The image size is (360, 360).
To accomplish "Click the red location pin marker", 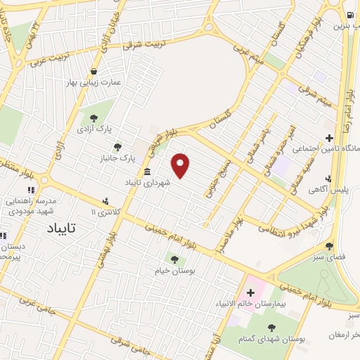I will tap(181, 165).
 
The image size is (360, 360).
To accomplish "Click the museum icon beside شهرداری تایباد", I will tap(146, 172).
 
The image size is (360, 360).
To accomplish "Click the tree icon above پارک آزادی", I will tap(93, 118).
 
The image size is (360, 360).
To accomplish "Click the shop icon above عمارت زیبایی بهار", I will tap(94, 71).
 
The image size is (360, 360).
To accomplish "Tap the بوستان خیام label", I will tap(174, 270).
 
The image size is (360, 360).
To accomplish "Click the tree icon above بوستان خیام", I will tap(174, 259).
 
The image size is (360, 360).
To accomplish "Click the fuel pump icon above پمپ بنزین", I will tap(349, 15).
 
